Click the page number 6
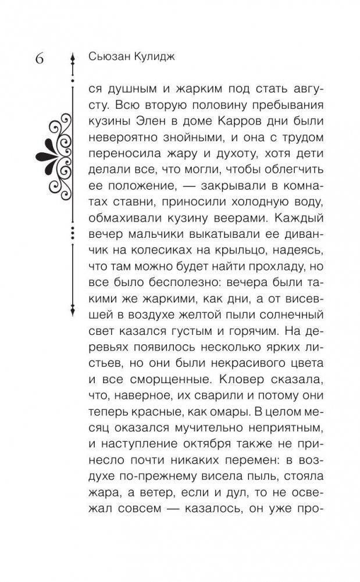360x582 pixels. pyautogui.click(x=42, y=59)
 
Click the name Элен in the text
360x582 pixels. pyautogui.click(x=151, y=125)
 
